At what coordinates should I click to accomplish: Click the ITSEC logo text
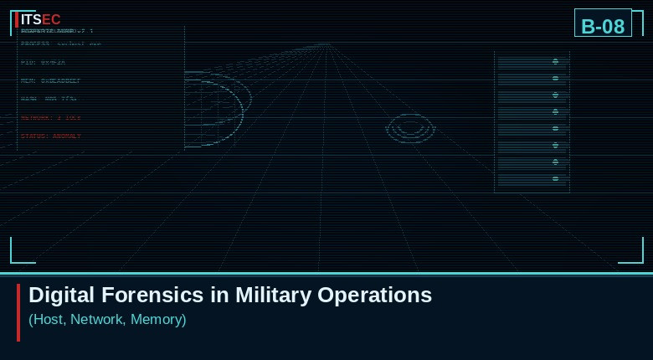(x=40, y=19)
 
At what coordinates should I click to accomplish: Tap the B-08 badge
(x=603, y=26)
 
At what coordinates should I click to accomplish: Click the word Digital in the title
(x=62, y=295)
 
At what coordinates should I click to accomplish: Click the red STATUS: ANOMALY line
(x=51, y=136)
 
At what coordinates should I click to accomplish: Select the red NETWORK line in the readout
(x=51, y=118)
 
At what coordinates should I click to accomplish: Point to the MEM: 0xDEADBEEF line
(x=51, y=81)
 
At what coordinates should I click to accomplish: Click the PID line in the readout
(x=43, y=63)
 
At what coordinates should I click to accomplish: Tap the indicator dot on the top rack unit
(x=555, y=61)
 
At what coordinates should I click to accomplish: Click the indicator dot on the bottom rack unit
(x=555, y=178)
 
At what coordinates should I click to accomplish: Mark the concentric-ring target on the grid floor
(x=410, y=128)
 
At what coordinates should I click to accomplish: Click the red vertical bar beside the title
(x=18, y=312)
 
